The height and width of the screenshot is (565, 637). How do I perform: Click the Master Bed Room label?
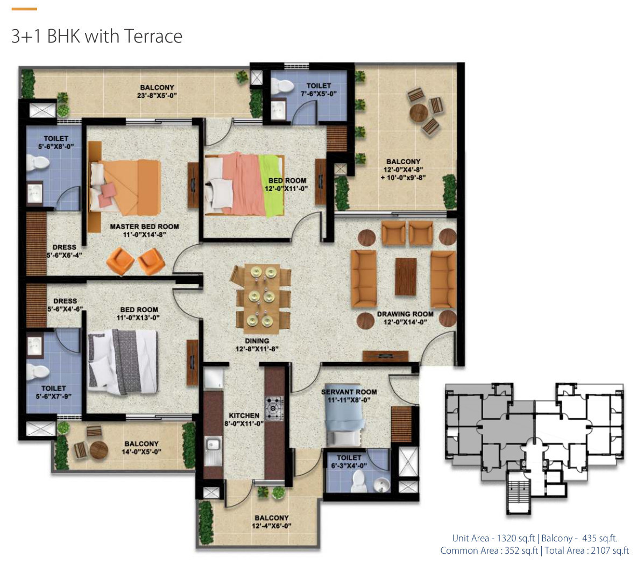(144, 227)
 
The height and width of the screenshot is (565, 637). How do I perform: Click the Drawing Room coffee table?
(406, 276)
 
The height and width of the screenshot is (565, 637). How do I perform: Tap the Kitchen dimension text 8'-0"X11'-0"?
(244, 423)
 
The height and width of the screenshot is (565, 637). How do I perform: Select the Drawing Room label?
(405, 314)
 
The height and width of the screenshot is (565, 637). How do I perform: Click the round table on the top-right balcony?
(419, 112)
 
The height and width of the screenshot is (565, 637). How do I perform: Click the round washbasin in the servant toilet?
(381, 484)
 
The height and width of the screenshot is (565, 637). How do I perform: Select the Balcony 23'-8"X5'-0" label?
(157, 91)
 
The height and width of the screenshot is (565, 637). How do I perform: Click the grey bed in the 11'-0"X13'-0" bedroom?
(123, 362)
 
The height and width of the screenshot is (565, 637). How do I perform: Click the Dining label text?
(257, 341)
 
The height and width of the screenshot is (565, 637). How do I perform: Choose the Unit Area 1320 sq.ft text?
(493, 539)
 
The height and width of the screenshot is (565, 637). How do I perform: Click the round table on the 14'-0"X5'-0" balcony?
(98, 450)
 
